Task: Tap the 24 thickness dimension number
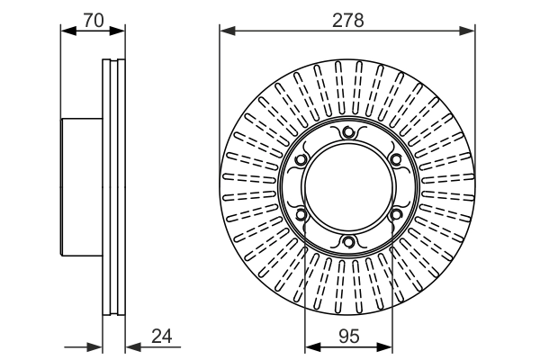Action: click(161, 337)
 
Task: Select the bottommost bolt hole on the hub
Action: click(347, 241)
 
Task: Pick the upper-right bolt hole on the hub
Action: click(393, 161)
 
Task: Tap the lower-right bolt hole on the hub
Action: click(393, 214)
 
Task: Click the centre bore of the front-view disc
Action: click(347, 188)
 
